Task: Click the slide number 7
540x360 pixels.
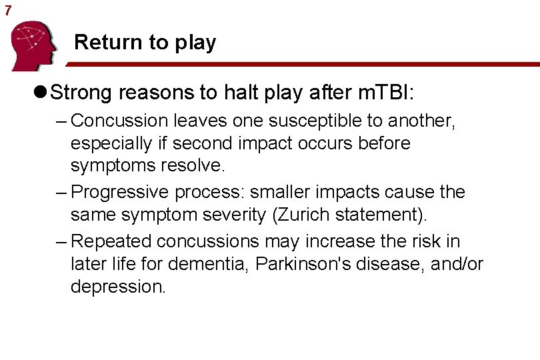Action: point(8,10)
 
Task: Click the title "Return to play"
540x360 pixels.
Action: point(145,43)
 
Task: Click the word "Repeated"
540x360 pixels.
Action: point(110,241)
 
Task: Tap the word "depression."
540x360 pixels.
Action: point(117,287)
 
